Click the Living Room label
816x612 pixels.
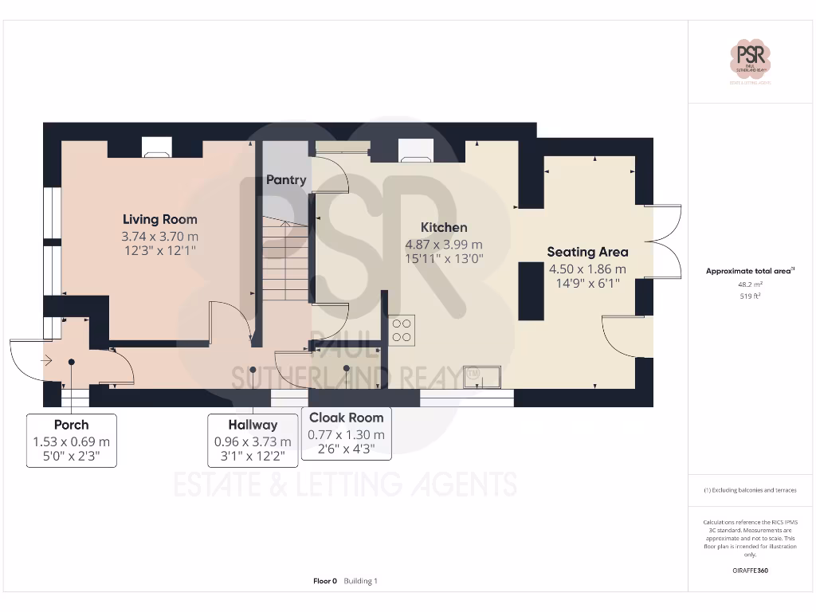(159, 219)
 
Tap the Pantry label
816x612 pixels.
(286, 180)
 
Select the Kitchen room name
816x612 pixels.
(444, 227)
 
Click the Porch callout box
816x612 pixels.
(72, 441)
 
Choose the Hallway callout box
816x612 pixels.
(253, 441)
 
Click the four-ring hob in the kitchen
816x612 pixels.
(402, 330)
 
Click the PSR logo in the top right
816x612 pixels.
(751, 59)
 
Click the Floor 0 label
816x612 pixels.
(325, 581)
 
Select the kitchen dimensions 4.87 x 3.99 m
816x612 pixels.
(444, 245)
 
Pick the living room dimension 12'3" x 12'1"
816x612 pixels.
(159, 250)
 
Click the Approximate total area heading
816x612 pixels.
(751, 271)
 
